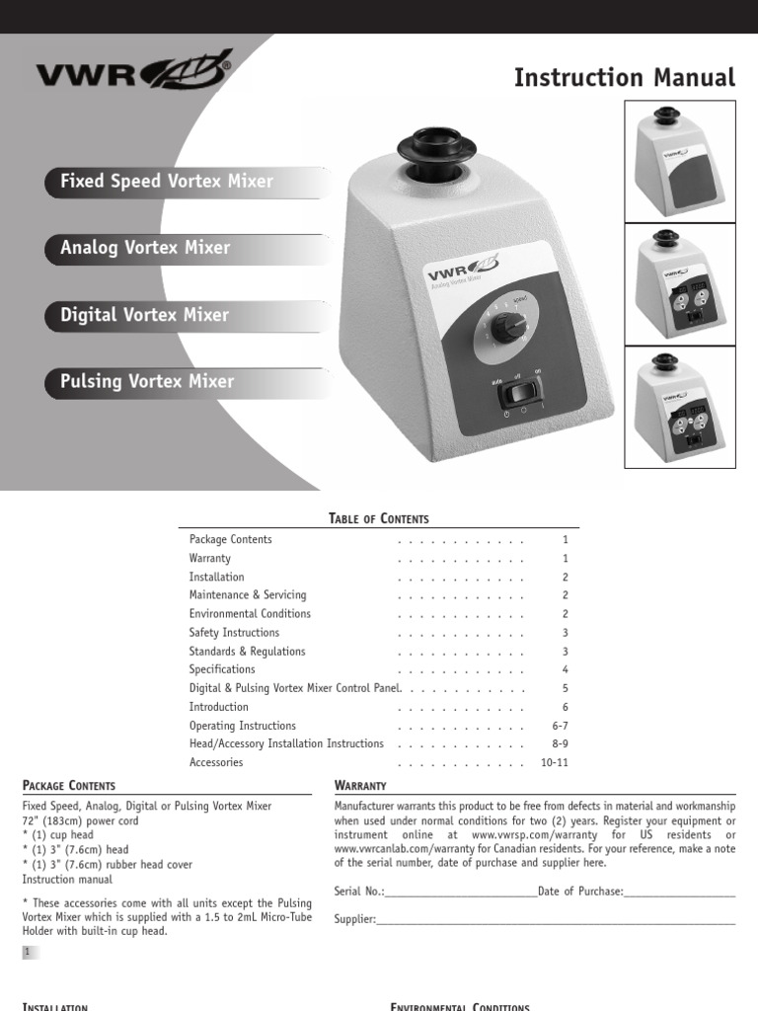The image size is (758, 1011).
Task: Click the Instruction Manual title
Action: click(625, 77)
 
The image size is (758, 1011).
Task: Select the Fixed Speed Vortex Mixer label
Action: click(167, 182)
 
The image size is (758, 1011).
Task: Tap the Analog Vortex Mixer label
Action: click(145, 248)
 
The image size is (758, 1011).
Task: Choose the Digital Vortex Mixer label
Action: click(145, 315)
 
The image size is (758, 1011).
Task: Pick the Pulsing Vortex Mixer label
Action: click(147, 381)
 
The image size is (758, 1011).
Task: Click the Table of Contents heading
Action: click(379, 519)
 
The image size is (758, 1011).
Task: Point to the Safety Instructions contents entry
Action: click(234, 633)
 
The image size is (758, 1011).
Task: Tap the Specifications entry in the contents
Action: click(222, 670)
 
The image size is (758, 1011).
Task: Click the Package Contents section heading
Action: click(69, 786)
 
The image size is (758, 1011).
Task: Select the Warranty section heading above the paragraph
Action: click(360, 786)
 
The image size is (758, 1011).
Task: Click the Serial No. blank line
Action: click(461, 893)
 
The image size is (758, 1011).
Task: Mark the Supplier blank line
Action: click(556, 920)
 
